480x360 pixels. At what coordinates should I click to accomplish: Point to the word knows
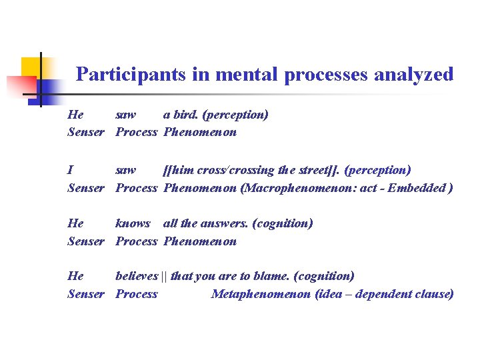point(133,223)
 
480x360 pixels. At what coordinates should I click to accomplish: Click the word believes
point(137,276)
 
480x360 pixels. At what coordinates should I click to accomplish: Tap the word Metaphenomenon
point(261,294)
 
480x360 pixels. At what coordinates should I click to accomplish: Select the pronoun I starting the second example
point(71,171)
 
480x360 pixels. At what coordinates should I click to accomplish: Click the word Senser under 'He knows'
point(86,241)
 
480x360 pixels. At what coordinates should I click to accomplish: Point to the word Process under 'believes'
point(137,294)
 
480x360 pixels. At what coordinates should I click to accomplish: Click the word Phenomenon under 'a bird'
point(200,132)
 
